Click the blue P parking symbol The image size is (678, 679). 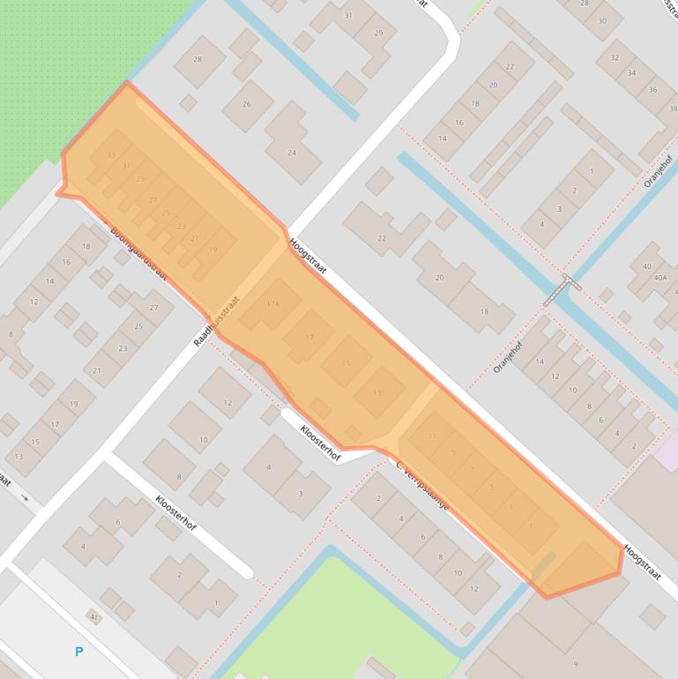click(x=79, y=652)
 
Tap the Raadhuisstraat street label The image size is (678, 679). click(x=218, y=319)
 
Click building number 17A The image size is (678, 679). click(x=272, y=304)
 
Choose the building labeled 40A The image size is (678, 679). click(x=659, y=277)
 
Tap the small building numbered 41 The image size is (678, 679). click(x=93, y=617)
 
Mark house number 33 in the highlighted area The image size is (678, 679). click(x=110, y=155)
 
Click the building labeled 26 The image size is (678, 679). click(x=246, y=104)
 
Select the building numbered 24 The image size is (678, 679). click(x=292, y=152)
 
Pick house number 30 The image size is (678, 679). click(x=603, y=21)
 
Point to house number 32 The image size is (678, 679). click(x=614, y=57)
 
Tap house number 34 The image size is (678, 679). click(x=632, y=73)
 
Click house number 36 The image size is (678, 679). click(x=652, y=89)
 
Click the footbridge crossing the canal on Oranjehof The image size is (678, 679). click(x=562, y=288)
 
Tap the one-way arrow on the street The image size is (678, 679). click(x=25, y=498)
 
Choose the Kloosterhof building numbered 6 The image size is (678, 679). click(x=117, y=522)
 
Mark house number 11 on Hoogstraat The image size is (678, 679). click(x=432, y=436)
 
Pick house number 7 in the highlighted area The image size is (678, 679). click(x=473, y=469)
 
